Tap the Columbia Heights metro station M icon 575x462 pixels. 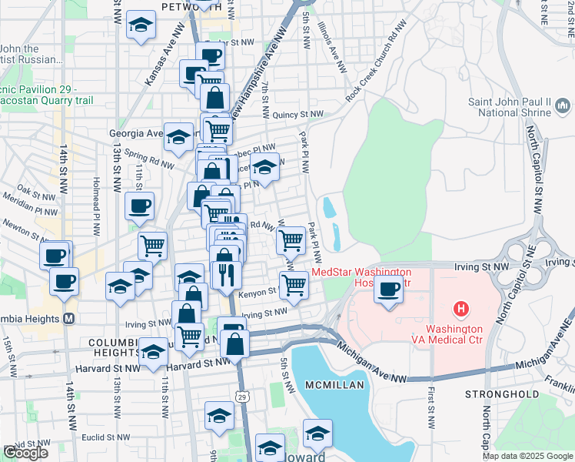pos(68,319)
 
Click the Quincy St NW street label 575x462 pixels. pos(298,115)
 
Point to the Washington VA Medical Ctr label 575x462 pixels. pos(461,336)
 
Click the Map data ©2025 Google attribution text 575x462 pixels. pos(527,456)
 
